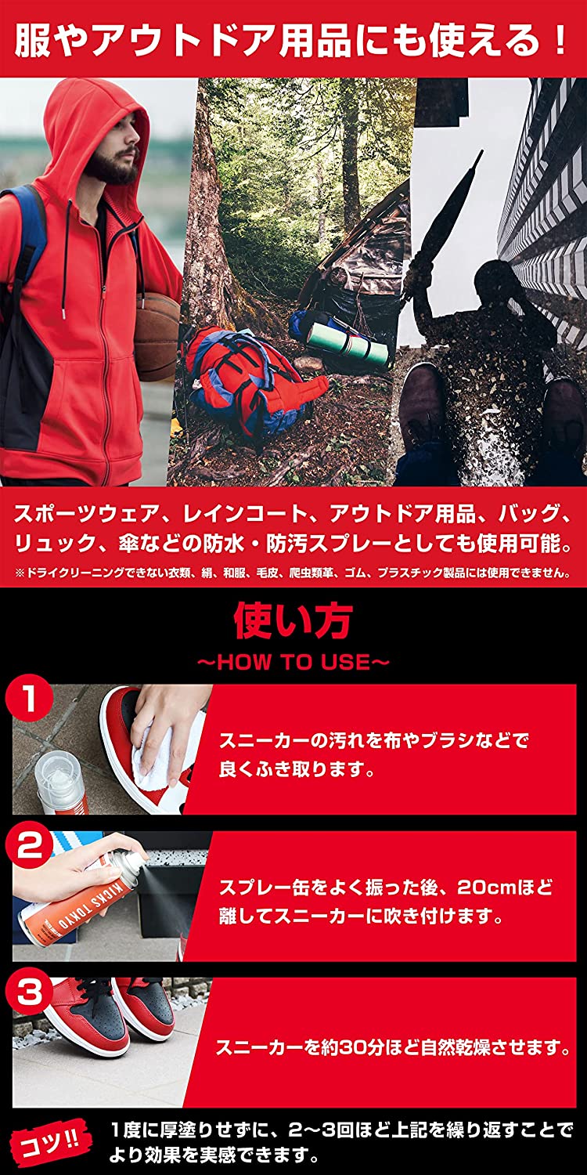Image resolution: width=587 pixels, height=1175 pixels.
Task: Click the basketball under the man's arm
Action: pos(157,336)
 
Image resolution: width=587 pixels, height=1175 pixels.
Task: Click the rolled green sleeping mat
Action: pos(349,345)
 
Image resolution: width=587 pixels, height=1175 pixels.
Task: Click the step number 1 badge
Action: pos(30,700)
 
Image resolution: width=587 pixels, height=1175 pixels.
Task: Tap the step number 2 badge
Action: pos(30,847)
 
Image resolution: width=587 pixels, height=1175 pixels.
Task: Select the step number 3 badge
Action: pos(30,993)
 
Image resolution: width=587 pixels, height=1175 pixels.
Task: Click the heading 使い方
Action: pos(293,620)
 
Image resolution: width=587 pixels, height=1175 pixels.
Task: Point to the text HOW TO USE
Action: pos(293,662)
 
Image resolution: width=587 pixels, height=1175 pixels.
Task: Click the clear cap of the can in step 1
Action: pos(59,770)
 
